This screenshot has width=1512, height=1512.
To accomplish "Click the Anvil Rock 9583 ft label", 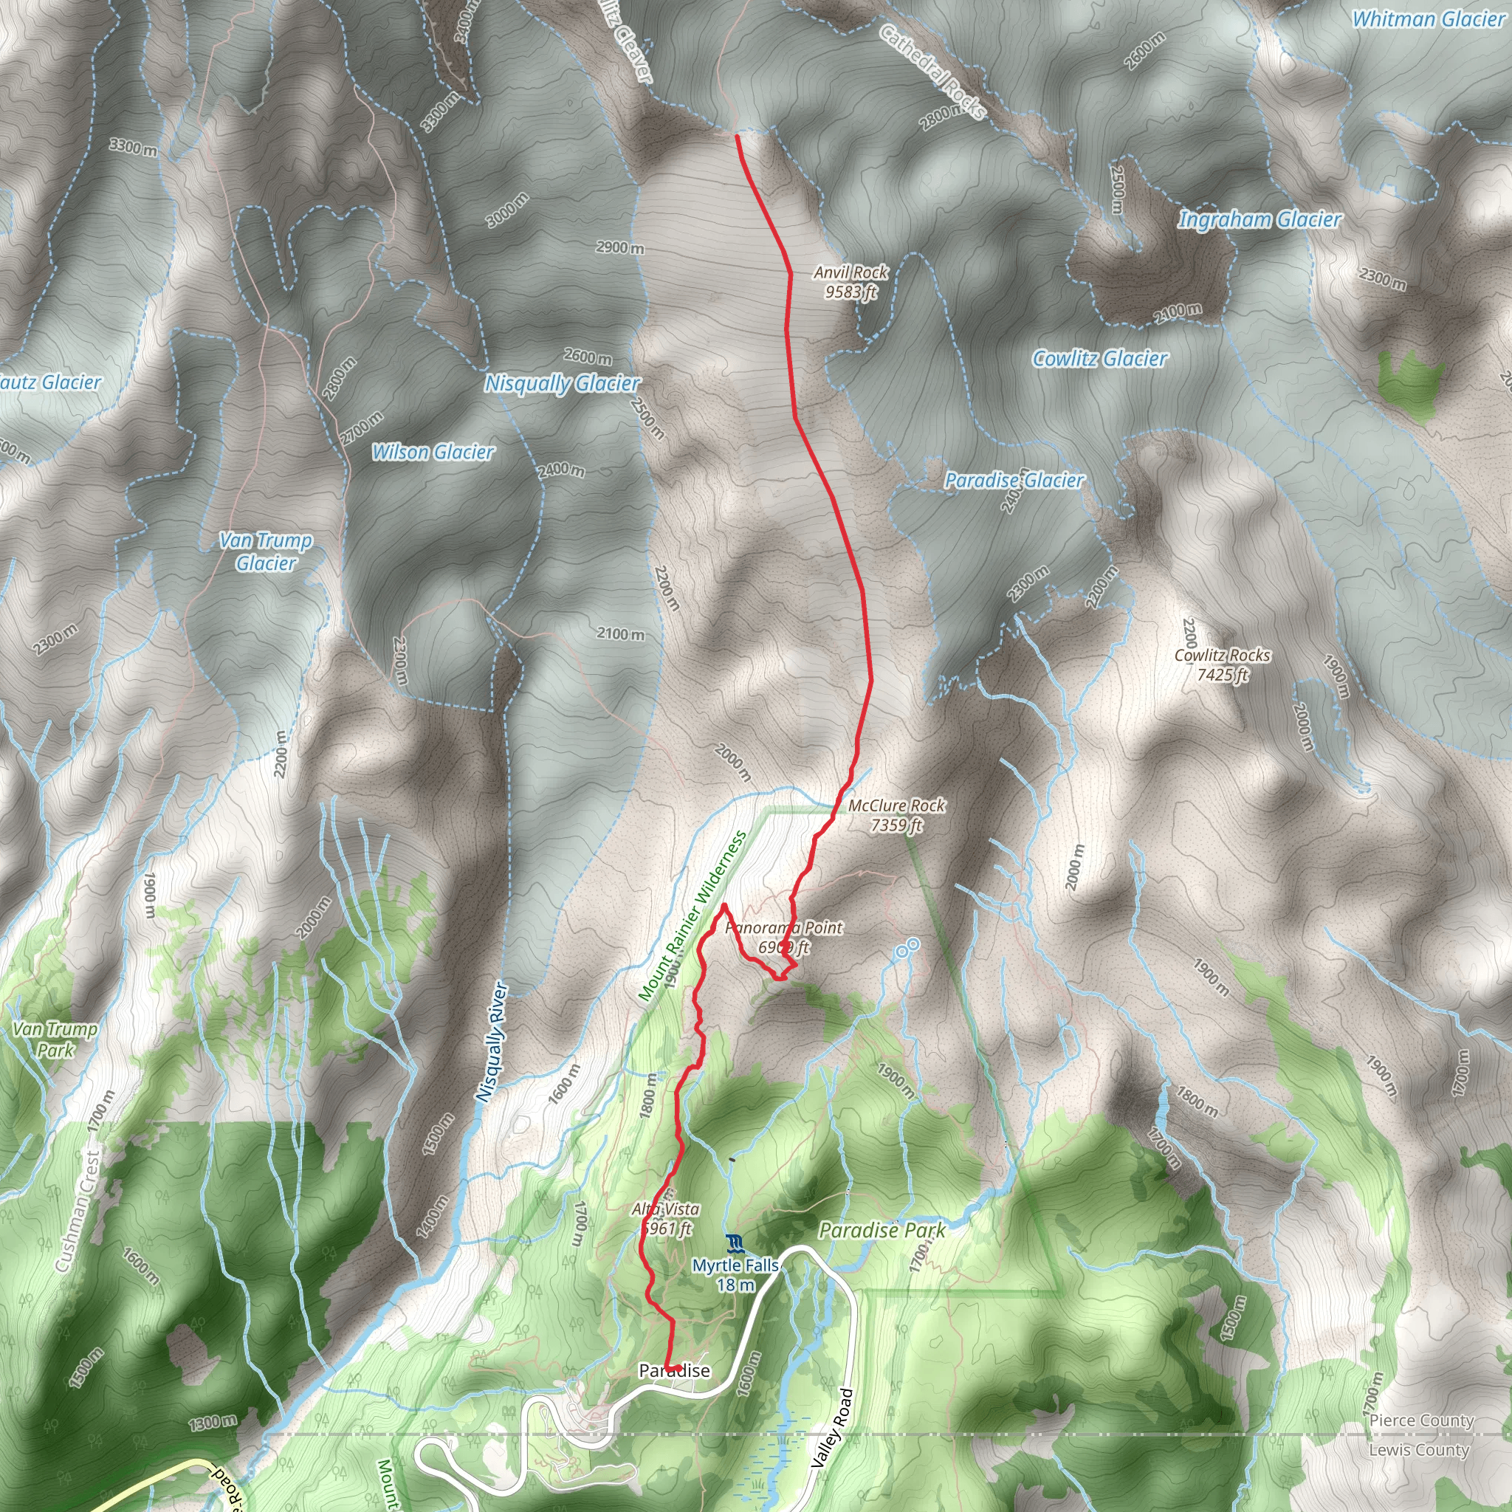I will pyautogui.click(x=850, y=282).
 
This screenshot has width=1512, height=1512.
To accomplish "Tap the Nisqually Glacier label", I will pyautogui.click(x=562, y=383).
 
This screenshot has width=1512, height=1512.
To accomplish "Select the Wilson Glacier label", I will pyautogui.click(x=433, y=452).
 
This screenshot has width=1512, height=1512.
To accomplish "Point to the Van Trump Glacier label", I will pyautogui.click(x=265, y=551).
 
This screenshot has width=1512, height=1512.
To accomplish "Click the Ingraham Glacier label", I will pyautogui.click(x=1260, y=220).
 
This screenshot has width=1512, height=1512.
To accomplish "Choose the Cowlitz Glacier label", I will pyautogui.click(x=1099, y=358).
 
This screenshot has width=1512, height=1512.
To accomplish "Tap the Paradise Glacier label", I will pyautogui.click(x=1014, y=480).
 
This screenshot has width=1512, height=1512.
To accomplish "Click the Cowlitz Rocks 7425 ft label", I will pyautogui.click(x=1222, y=664).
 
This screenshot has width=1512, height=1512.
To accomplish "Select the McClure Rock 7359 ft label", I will pyautogui.click(x=896, y=815).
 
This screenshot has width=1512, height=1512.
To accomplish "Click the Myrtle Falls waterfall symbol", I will pyautogui.click(x=734, y=1243).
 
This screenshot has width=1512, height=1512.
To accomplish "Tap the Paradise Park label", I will pyautogui.click(x=882, y=1230).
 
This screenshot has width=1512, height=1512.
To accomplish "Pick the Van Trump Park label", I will pyautogui.click(x=55, y=1039).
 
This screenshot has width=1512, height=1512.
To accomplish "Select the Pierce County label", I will pyautogui.click(x=1421, y=1420).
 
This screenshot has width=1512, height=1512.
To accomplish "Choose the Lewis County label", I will pyautogui.click(x=1418, y=1450).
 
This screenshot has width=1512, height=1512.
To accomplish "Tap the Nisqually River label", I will pyautogui.click(x=493, y=1042).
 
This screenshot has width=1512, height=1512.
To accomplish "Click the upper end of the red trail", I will pyautogui.click(x=738, y=136).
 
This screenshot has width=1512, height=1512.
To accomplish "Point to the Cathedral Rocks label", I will pyautogui.click(x=931, y=72).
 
